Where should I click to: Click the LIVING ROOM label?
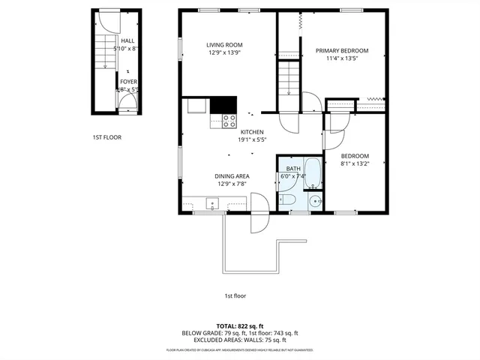click(225, 45)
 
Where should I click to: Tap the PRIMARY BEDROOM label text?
click(341, 51)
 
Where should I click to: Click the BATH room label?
click(293, 169)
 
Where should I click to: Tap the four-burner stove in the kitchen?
click(229, 120)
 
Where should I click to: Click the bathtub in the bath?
click(313, 174)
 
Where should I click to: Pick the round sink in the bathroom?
click(316, 200)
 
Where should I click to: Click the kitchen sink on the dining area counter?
click(212, 202)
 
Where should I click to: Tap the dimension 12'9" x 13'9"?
click(225, 53)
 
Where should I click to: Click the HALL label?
click(127, 41)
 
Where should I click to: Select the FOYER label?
click(128, 82)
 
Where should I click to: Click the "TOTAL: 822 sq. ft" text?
click(239, 326)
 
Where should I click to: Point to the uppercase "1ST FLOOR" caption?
click(106, 137)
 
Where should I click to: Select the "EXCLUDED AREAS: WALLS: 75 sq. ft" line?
click(239, 340)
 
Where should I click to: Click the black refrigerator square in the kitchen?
click(223, 105)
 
